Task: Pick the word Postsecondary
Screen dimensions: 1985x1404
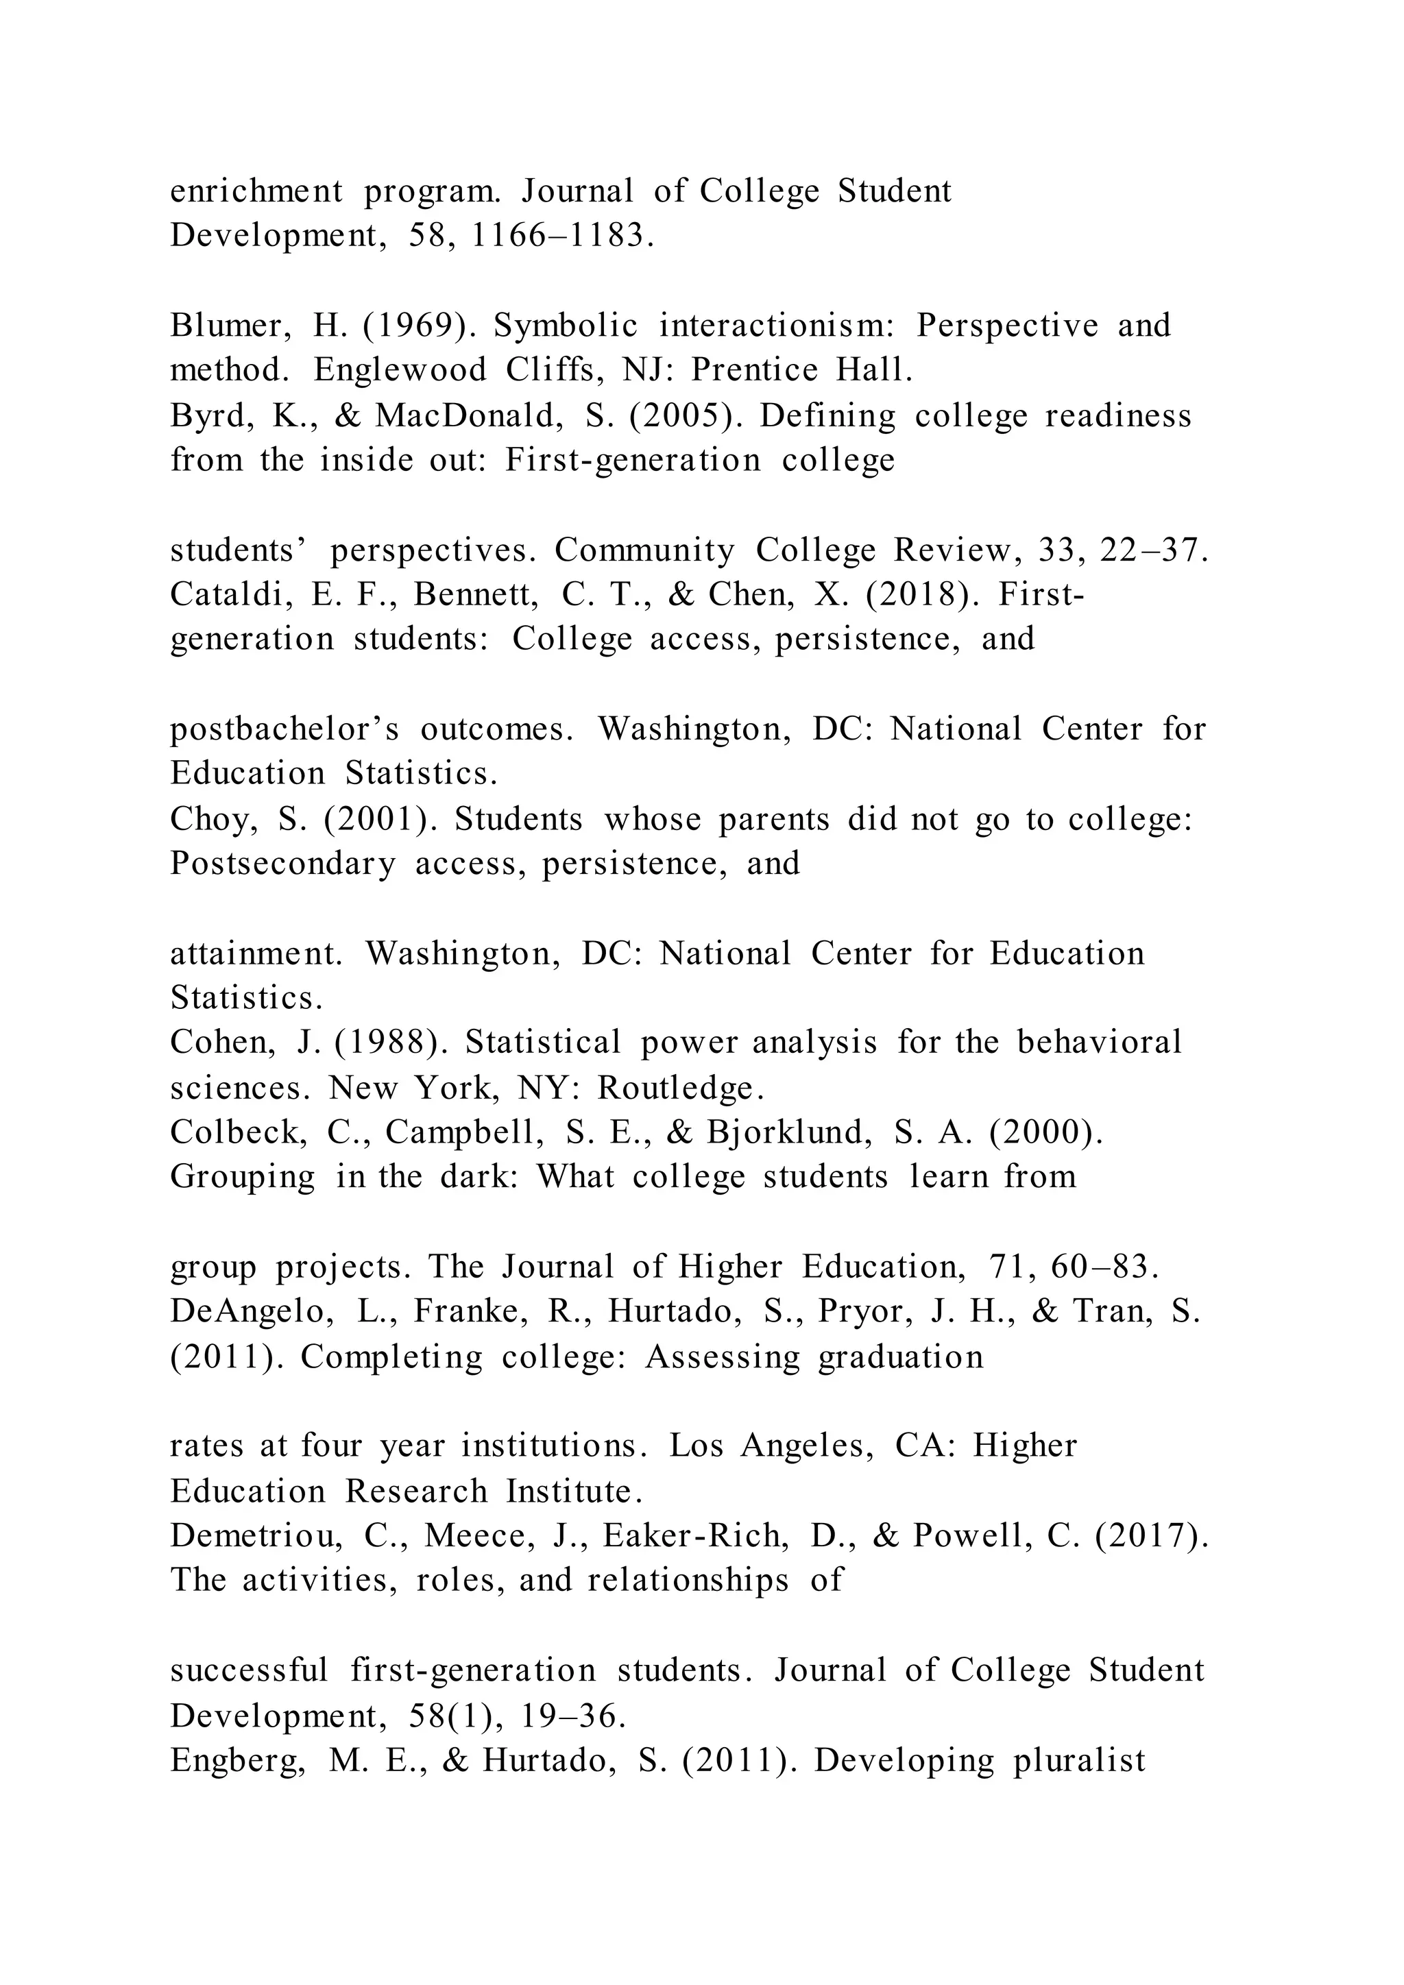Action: coord(282,864)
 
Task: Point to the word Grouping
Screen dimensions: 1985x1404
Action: coord(242,1178)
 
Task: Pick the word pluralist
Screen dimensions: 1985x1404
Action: coord(1079,1760)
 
